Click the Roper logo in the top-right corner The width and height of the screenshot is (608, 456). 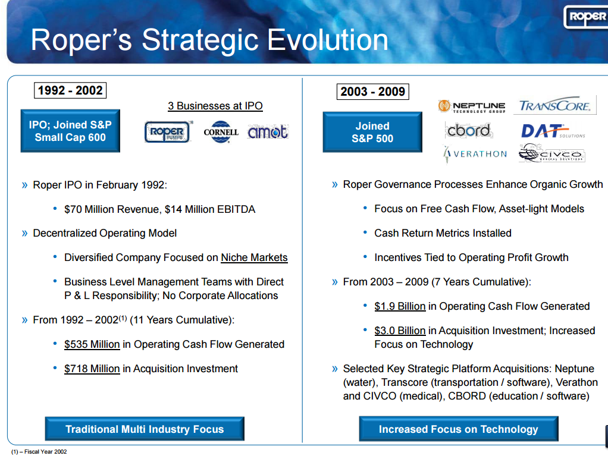[585, 17]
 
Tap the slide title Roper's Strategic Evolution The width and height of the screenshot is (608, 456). [209, 40]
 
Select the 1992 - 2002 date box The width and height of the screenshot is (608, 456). [70, 90]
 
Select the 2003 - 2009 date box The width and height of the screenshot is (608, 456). [373, 92]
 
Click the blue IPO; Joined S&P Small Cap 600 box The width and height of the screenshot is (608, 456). [70, 131]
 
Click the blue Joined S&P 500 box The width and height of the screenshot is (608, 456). [372, 132]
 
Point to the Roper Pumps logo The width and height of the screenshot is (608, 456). [168, 132]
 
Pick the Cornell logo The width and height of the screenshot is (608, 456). [221, 132]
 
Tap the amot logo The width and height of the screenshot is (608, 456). [268, 132]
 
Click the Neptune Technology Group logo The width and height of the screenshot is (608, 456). [472, 106]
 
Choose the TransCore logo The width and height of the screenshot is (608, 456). [554, 106]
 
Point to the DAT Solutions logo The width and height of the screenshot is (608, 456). [552, 131]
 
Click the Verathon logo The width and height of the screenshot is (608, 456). [475, 154]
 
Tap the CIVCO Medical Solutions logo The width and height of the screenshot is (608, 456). [551, 154]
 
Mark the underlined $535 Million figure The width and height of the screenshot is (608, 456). [92, 344]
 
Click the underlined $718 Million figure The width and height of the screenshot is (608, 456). [92, 369]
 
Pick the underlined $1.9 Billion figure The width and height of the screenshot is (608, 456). [400, 306]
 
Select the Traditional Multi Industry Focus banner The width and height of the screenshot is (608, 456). [145, 429]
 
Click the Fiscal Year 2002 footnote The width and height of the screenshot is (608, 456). [39, 452]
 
